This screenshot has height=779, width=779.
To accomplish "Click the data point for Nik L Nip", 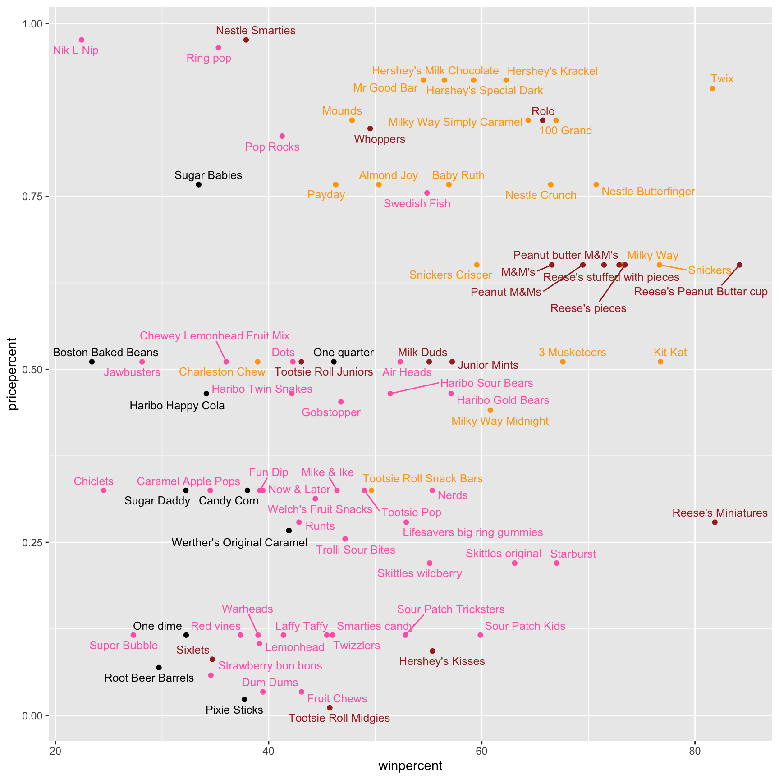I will pyautogui.click(x=82, y=40).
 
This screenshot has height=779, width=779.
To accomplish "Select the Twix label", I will pyautogui.click(x=722, y=79).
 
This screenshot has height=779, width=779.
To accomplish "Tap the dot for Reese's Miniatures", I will pyautogui.click(x=715, y=522).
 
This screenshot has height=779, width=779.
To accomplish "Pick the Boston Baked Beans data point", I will pyautogui.click(x=92, y=362).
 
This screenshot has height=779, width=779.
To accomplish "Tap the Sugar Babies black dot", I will pyautogui.click(x=198, y=185).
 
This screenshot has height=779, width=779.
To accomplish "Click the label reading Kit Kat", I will pyautogui.click(x=670, y=353).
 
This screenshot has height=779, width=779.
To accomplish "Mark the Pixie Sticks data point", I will pyautogui.click(x=244, y=699).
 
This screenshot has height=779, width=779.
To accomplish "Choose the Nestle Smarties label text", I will pyautogui.click(x=256, y=31).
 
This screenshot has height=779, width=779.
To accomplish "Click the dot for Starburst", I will pyautogui.click(x=557, y=563).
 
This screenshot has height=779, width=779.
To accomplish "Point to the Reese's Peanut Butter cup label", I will pyautogui.click(x=701, y=292).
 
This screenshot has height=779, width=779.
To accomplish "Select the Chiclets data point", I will pyautogui.click(x=104, y=490).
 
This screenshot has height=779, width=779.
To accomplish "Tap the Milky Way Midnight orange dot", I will pyautogui.click(x=490, y=410).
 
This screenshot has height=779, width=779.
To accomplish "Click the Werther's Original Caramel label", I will pyautogui.click(x=239, y=543).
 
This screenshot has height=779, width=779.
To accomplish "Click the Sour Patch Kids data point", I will pyautogui.click(x=480, y=635).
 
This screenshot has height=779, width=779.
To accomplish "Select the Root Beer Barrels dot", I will pyautogui.click(x=159, y=668).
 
